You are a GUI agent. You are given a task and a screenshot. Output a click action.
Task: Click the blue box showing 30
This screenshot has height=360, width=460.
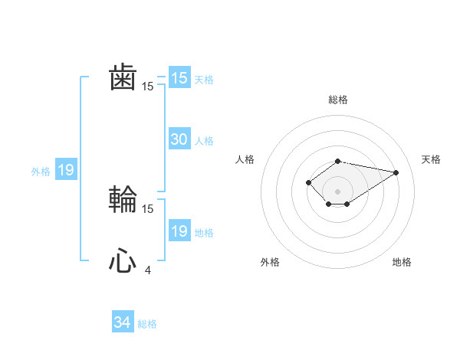pos(179,139)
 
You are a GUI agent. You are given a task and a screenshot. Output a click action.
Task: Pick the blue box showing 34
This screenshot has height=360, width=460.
pos(122,322)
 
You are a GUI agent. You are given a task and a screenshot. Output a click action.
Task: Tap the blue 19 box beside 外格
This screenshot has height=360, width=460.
pos(66,170)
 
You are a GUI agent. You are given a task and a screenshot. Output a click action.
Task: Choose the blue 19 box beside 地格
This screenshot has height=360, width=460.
pos(179,231)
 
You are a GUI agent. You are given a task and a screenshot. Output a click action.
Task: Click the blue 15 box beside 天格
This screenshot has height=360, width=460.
pos(179,78)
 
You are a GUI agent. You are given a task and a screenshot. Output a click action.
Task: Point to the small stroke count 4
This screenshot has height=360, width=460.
pos(147,270)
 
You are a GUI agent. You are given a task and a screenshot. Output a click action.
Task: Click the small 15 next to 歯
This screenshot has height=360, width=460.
pos(148,87)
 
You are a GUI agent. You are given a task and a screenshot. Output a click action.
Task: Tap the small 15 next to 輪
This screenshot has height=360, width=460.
pos(148,208)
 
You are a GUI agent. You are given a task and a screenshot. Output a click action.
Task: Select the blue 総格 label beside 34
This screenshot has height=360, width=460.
pos(147,324)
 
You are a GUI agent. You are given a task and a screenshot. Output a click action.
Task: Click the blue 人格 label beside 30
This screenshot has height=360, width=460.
pos(204,141)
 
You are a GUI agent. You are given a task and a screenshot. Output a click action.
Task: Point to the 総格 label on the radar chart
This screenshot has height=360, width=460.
pos(338,100)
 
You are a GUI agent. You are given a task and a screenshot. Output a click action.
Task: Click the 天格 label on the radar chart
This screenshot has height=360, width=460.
pos(431,159)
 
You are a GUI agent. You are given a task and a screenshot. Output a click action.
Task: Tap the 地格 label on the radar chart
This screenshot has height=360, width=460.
pos(402,262)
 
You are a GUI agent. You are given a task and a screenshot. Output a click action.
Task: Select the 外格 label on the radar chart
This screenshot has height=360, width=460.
pos(270,262)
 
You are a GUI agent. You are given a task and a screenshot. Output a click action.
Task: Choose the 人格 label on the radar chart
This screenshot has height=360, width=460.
pos(245,159)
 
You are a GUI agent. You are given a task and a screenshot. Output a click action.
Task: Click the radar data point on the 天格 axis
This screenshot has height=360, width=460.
pos(396,172)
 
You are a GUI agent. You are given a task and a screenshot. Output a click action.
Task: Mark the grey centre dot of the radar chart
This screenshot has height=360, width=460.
pos(338,191)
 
